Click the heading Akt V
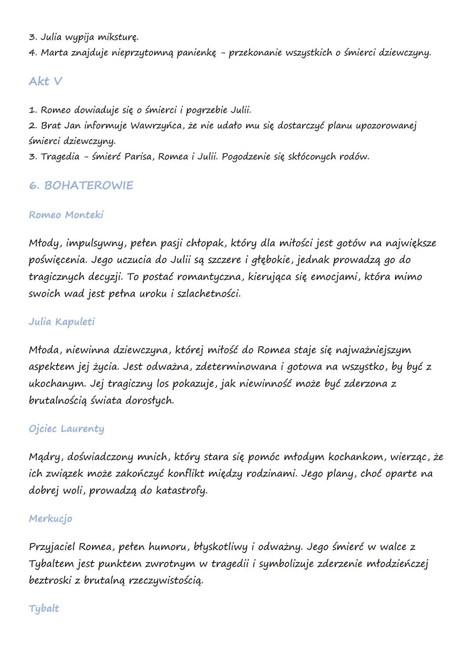[45, 81]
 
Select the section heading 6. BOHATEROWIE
[81, 185]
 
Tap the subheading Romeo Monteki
[66, 215]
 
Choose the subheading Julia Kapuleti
[62, 322]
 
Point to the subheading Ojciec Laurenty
[66, 429]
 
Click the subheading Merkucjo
[51, 518]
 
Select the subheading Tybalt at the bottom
[44, 609]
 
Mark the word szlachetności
[208, 294]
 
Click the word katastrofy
[181, 491]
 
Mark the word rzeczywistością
[166, 580]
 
